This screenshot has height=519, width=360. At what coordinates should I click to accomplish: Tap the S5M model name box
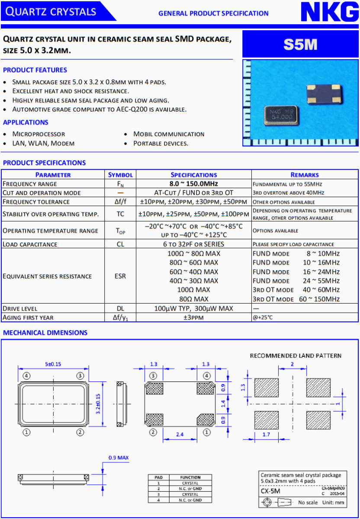(300, 44)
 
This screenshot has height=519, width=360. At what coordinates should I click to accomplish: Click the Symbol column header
(120, 175)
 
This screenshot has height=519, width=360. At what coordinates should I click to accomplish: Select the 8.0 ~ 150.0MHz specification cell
(193, 184)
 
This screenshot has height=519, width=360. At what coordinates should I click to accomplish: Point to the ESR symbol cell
(120, 276)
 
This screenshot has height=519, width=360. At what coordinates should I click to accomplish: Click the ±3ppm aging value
(193, 317)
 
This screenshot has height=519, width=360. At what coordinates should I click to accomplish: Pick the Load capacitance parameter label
(30, 244)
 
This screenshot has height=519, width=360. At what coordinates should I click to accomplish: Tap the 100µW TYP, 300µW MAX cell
(193, 308)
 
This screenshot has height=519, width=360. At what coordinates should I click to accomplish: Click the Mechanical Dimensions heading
(45, 333)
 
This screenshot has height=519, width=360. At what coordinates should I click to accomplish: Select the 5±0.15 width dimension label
(54, 364)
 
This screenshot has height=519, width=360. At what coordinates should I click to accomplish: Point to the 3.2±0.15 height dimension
(98, 403)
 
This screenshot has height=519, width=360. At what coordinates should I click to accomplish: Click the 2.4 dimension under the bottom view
(179, 434)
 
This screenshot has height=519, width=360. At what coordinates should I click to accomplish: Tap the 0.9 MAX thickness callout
(118, 458)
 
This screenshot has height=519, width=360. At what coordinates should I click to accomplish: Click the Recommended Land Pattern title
(296, 356)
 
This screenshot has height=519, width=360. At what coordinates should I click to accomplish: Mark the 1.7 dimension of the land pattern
(267, 434)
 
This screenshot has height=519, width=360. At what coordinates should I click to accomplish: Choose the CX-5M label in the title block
(270, 491)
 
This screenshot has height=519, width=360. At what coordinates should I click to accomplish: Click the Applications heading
(26, 122)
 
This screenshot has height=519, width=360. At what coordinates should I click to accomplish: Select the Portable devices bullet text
(161, 144)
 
